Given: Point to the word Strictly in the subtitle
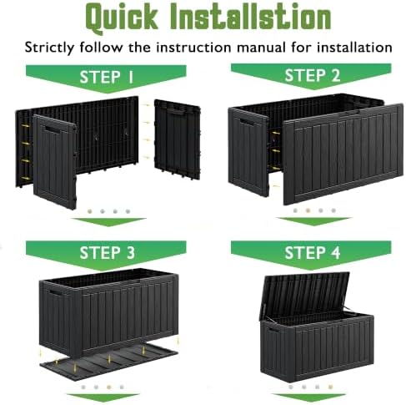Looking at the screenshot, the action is pyautogui.click(x=49, y=48).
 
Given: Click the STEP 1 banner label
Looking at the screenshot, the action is pyautogui.click(x=107, y=77).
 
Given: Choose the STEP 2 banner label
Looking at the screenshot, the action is pyautogui.click(x=313, y=75).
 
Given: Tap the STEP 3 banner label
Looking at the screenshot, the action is pyautogui.click(x=108, y=252).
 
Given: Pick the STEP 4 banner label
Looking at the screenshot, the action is pyautogui.click(x=313, y=252).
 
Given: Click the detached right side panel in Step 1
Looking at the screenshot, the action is pyautogui.click(x=178, y=139).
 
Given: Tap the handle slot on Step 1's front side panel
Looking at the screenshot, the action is pyautogui.click(x=53, y=129).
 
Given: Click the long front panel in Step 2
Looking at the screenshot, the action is pyautogui.click(x=343, y=154).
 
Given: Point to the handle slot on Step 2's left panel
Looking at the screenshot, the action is pyautogui.click(x=246, y=122).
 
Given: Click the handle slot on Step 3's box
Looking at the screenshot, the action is pyautogui.click(x=55, y=294).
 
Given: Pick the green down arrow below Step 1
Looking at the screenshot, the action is pyautogui.click(x=108, y=221).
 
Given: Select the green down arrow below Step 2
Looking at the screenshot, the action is pyautogui.click(x=314, y=221).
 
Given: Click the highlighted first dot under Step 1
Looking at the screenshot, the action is pyautogui.click(x=89, y=211).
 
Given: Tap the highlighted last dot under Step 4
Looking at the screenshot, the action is pyautogui.click(x=330, y=387).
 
